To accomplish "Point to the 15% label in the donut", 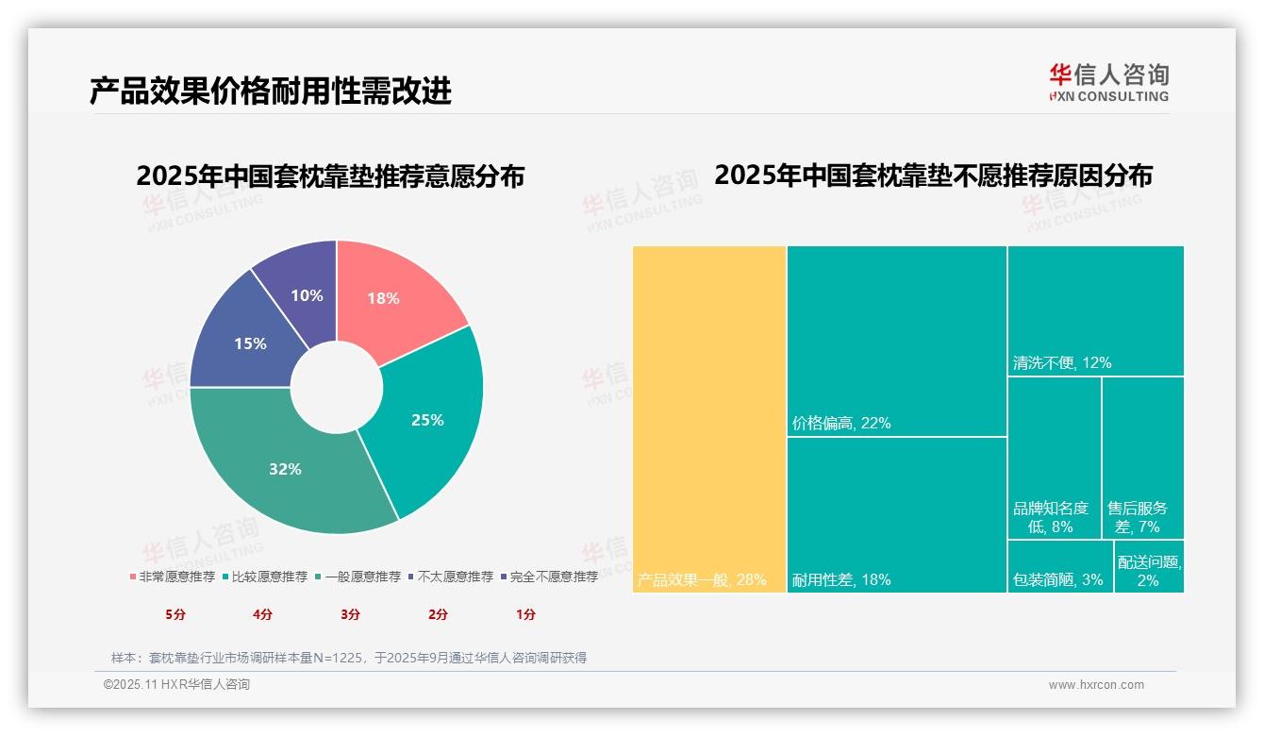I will pos(250,343).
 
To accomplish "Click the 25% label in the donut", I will pos(427,420).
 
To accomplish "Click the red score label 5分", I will pos(175,614).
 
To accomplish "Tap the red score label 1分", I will pos(525,614).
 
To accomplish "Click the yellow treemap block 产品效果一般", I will pos(709,415).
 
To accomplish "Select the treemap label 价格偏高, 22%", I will pos(840,424).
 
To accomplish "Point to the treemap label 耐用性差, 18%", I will pos(840,580).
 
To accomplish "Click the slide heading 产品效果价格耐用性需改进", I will pos(271,91).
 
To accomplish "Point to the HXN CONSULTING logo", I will pos(1108,82).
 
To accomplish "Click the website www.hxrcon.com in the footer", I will pos(1096,685).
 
